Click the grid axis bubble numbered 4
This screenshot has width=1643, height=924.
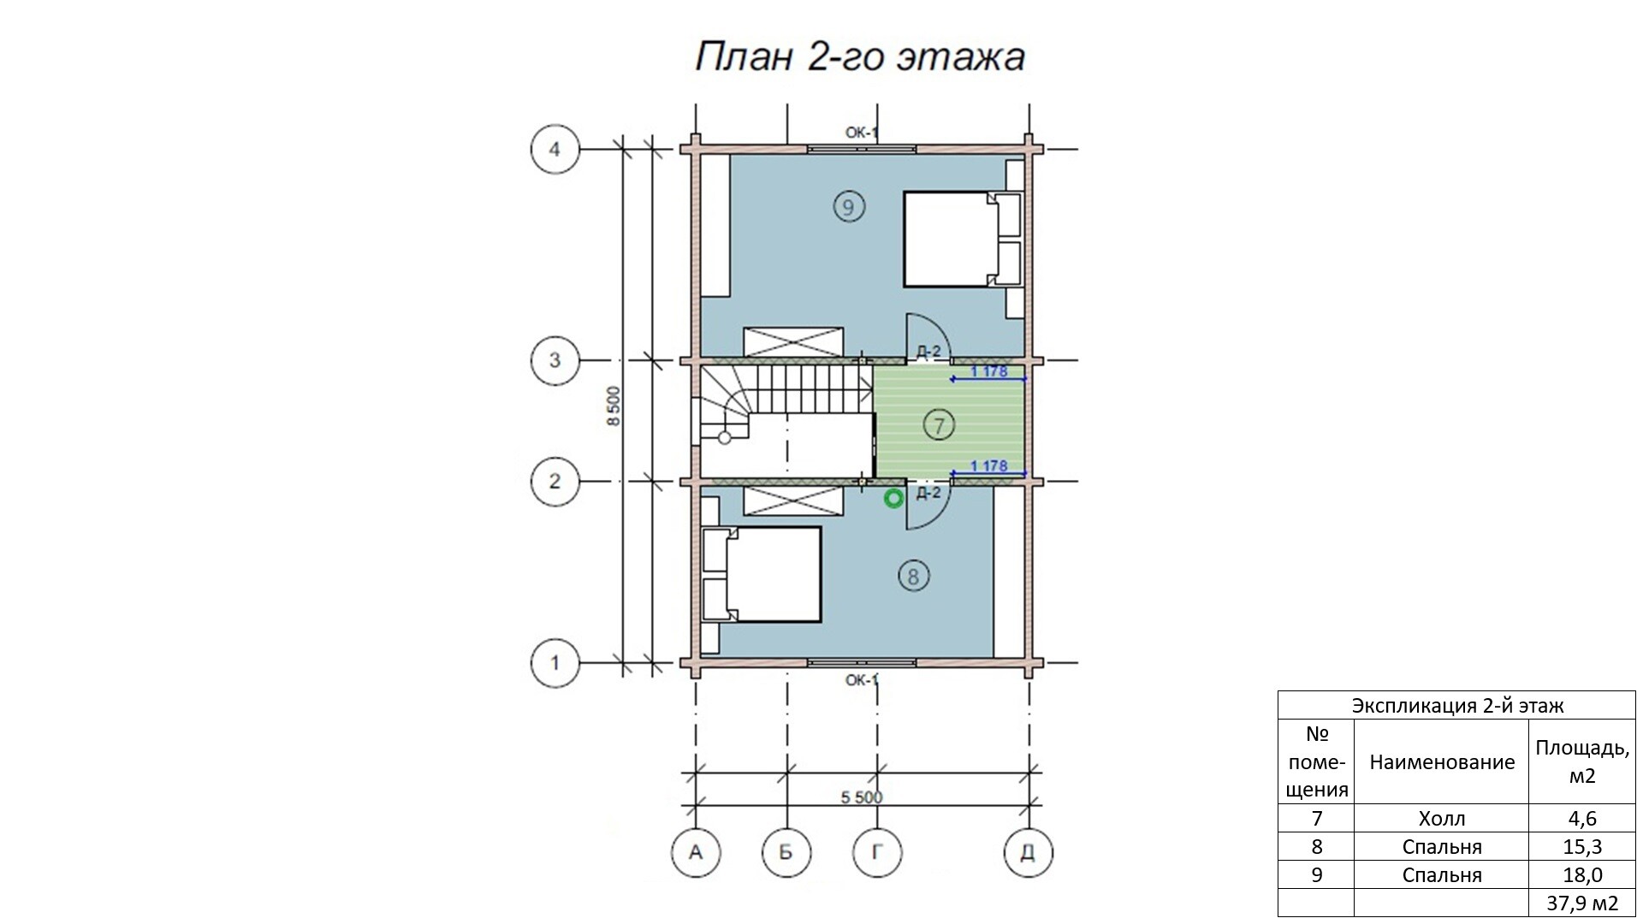555,150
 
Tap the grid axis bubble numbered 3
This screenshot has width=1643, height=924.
555,360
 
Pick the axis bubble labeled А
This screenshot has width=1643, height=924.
696,852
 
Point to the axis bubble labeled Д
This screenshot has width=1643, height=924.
1028,852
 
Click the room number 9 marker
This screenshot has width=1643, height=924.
848,206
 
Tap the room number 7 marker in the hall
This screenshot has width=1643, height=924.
939,425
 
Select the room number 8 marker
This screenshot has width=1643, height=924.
913,576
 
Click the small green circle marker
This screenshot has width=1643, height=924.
894,499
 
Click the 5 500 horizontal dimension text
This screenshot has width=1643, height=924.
861,797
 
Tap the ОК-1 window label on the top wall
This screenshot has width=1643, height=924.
862,133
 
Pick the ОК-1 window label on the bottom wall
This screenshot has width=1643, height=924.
862,680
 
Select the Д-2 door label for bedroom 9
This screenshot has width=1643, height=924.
928,351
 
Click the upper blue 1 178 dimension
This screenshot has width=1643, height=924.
988,371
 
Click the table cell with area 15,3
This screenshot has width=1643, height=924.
1581,847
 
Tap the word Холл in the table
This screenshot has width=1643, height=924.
1442,819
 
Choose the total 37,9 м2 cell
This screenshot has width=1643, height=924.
1581,903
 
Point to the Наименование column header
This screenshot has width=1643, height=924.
1442,762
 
